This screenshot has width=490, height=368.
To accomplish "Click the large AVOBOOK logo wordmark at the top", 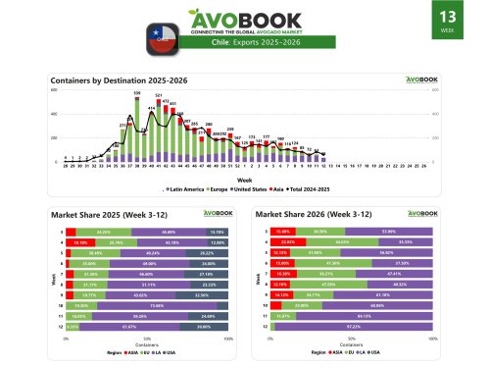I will [244, 22].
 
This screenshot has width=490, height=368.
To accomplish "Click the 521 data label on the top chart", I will [158, 96].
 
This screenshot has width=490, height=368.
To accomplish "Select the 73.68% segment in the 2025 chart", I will [156, 306].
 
